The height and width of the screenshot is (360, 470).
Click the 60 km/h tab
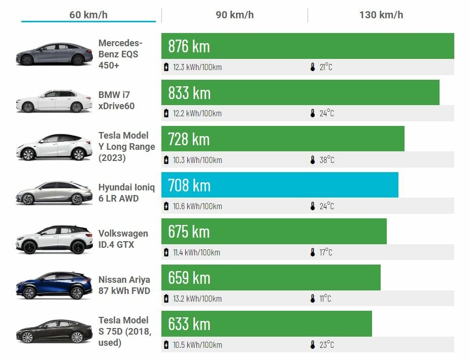(x=88, y=14)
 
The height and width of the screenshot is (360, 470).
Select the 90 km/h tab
(x=234, y=14)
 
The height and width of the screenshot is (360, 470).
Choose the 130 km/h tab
(x=381, y=14)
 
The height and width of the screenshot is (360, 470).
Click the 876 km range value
(x=189, y=46)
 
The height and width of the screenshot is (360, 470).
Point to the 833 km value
(x=189, y=92)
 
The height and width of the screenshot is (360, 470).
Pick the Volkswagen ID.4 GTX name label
(x=123, y=239)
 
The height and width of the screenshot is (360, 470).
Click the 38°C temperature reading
(x=326, y=160)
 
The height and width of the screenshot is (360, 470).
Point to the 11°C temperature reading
(x=325, y=299)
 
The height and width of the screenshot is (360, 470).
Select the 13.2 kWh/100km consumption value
(x=197, y=299)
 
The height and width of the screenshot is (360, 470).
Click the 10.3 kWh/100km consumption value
(x=197, y=160)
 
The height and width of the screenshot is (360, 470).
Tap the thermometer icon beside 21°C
(x=313, y=67)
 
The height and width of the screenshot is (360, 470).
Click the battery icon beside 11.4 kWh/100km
(x=166, y=252)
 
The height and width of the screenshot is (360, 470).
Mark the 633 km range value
(x=189, y=323)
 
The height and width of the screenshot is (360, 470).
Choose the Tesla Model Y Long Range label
(x=126, y=146)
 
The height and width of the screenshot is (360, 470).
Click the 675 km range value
(x=189, y=231)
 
